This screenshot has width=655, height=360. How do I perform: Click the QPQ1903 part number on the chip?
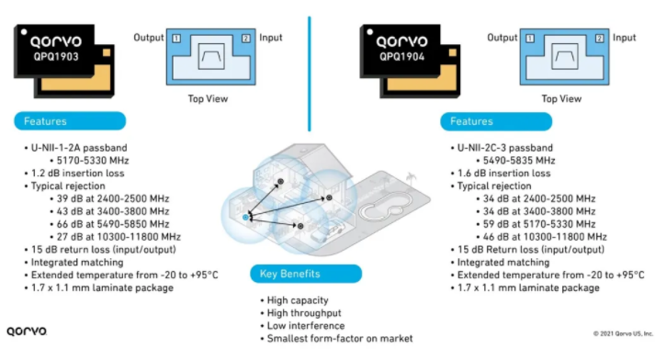pos(56,56)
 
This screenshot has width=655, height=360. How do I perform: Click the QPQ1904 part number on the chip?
pos(401,56)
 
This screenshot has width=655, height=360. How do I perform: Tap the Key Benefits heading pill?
pos(306,274)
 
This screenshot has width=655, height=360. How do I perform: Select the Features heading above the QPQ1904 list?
pos(496,121)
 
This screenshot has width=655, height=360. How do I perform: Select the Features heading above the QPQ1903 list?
pos(70,121)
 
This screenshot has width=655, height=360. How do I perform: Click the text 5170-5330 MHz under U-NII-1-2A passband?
pos(93,161)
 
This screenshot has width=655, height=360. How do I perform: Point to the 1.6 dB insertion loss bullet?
pos(503,174)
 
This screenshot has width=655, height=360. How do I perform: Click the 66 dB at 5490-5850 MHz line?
pos(113,224)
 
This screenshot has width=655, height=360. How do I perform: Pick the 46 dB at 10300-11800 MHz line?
pos(545,237)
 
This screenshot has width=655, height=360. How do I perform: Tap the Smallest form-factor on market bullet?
pos(340,338)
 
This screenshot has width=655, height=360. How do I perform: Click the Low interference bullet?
pos(306,326)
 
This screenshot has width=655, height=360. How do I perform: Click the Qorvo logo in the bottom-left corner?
pos(27,332)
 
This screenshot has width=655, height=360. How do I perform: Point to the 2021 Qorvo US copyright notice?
pos(623,333)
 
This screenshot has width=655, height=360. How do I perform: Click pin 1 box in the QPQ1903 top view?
pos(176,39)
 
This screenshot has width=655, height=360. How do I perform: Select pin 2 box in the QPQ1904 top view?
pos(600,39)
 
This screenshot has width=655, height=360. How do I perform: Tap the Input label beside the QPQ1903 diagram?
pos(271,38)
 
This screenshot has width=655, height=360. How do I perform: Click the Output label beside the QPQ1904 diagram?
pos(503,38)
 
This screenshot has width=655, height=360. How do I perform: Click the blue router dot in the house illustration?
pos(245,217)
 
